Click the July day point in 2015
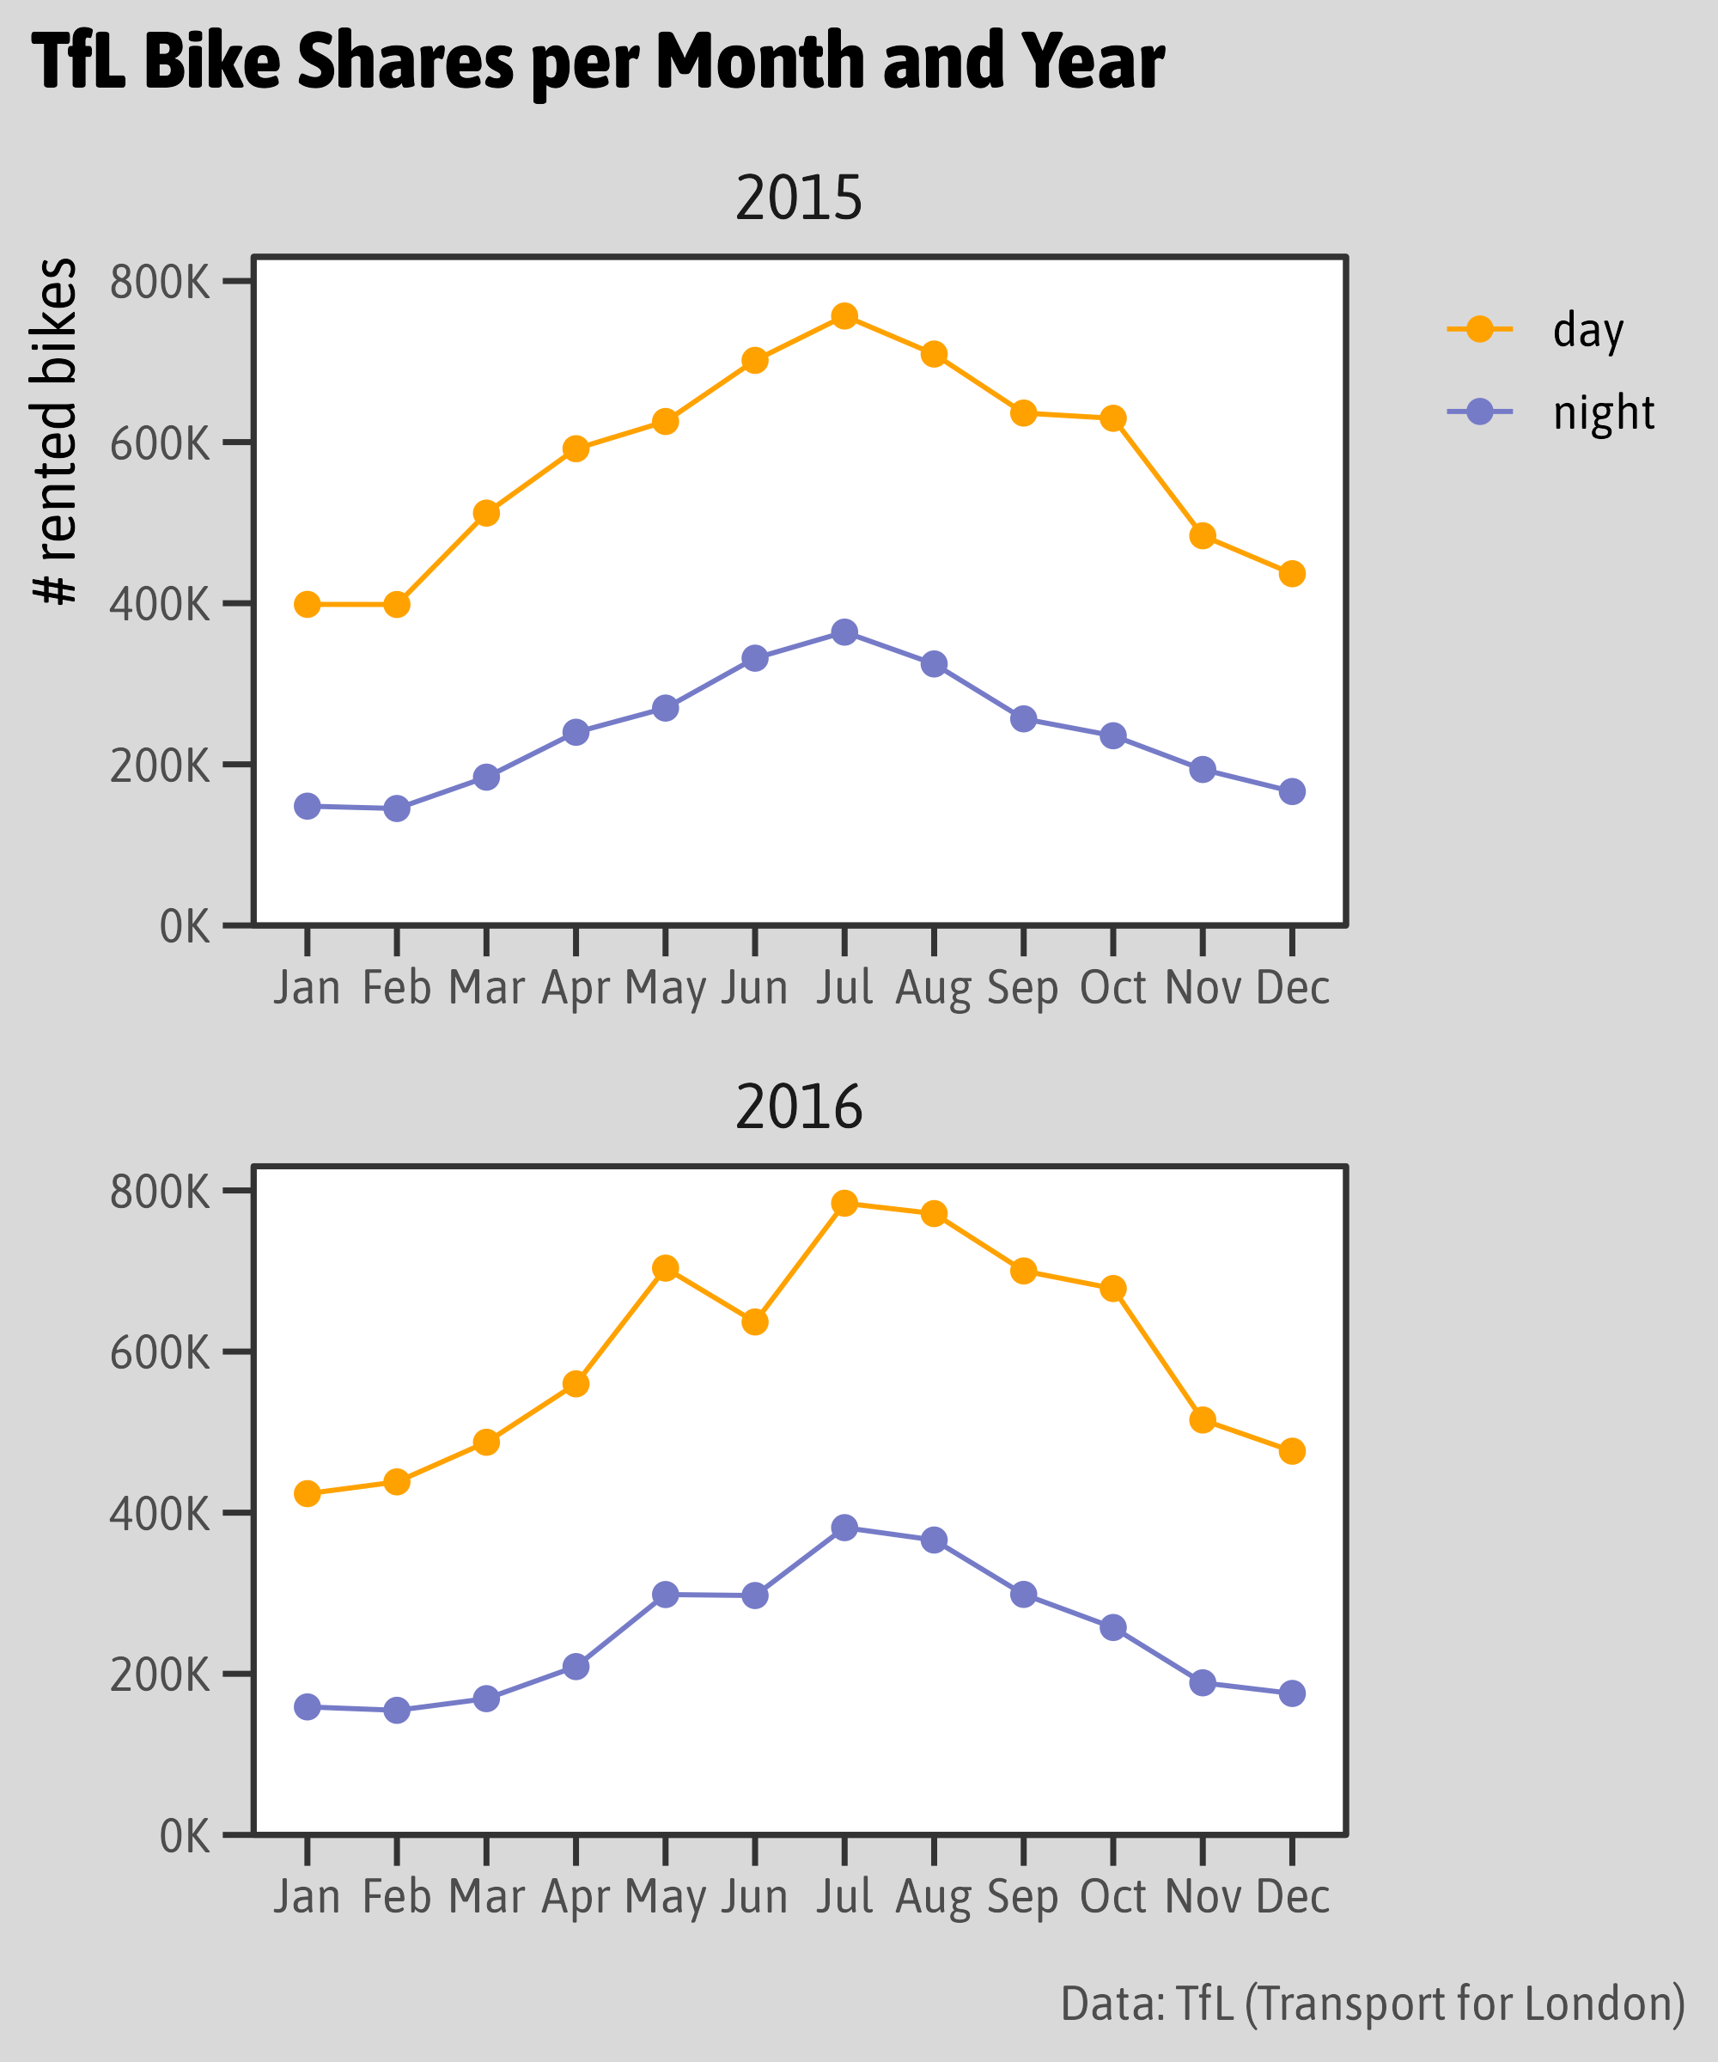tap(844, 316)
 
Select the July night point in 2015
tap(844, 632)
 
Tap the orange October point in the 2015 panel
tap(1112, 419)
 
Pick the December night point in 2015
tap(1292, 792)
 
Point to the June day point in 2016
tap(755, 1322)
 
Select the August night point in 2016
tap(934, 1540)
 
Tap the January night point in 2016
tap(308, 1707)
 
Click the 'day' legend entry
tap(1587, 331)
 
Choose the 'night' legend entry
tap(1603, 413)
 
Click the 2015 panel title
tap(798, 198)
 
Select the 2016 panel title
tap(798, 1107)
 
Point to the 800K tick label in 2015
tap(160, 283)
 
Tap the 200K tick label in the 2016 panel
tap(160, 1675)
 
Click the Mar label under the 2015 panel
tap(486, 988)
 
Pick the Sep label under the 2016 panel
tap(1023, 1897)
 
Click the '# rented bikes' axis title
tap(55, 432)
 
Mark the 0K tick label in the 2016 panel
tap(185, 1835)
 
